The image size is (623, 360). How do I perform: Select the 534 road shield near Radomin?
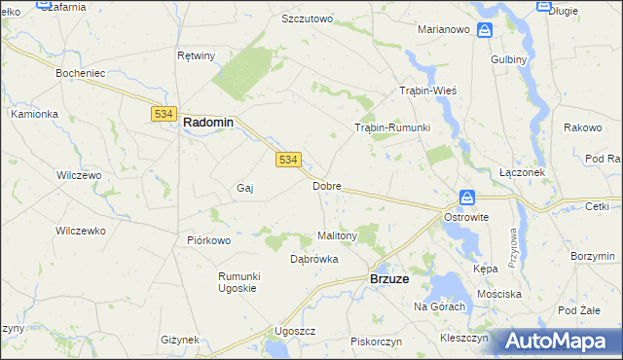point(163,114)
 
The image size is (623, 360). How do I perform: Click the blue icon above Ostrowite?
point(467,198)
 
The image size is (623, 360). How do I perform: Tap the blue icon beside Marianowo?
point(485,30)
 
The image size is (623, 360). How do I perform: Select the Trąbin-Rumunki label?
point(392,127)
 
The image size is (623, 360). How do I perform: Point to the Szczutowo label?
point(307,18)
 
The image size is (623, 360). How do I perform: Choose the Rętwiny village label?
point(196,55)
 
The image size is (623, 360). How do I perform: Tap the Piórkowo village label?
point(207,240)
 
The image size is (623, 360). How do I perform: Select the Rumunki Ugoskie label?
point(237,282)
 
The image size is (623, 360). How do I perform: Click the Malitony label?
point(338,235)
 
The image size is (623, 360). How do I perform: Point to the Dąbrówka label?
point(314,259)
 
